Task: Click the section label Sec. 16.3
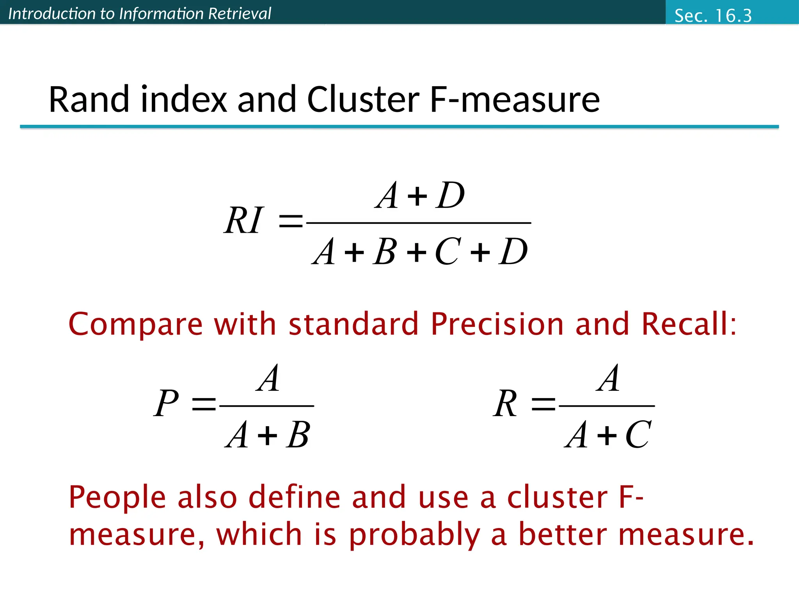pos(713,16)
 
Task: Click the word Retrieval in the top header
pos(240,14)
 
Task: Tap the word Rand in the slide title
pos(89,100)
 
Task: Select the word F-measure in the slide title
pos(515,100)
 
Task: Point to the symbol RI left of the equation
pos(244,220)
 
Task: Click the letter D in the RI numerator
pos(451,195)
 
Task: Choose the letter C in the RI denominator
pos(448,252)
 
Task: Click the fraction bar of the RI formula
pos(419,223)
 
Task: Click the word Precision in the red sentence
pos(497,324)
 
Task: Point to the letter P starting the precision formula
pos(166,403)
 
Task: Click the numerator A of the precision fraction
pos(268,378)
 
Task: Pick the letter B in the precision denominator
pos(298,435)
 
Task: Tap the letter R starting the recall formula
pos(506,403)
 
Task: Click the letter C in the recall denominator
pos(638,435)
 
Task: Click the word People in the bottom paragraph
pos(117,498)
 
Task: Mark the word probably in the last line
pos(414,535)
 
